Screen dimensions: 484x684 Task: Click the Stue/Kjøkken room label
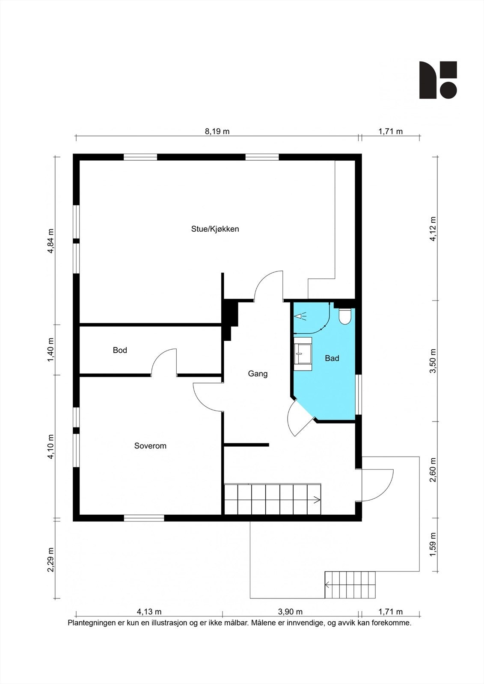tap(215, 229)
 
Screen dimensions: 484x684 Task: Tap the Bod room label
tap(120, 350)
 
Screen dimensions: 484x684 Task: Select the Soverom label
tap(150, 446)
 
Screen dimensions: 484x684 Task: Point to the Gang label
tap(258, 374)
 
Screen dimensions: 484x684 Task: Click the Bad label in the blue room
tap(332, 358)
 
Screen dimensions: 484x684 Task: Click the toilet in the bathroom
tap(345, 316)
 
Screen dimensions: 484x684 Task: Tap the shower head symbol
tap(300, 316)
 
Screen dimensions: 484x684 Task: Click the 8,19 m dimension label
tap(217, 132)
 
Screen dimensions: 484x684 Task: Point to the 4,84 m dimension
tap(50, 241)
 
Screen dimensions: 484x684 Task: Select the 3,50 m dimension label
tap(433, 361)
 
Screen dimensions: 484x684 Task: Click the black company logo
tap(438, 80)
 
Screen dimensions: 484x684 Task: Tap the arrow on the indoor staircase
tap(316, 500)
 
